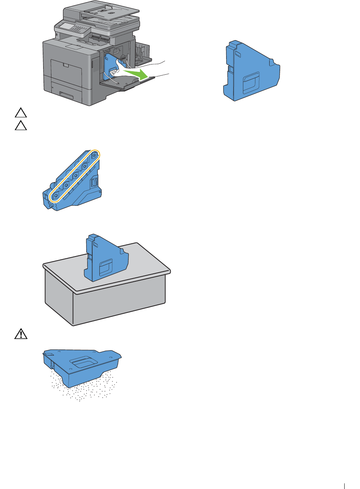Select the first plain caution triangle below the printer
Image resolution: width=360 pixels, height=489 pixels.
tap(21, 112)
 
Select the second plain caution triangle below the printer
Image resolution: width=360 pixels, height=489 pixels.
tap(21, 125)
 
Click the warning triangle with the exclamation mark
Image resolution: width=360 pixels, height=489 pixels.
tap(21, 334)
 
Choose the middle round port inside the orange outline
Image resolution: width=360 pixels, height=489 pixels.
tap(75, 175)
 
